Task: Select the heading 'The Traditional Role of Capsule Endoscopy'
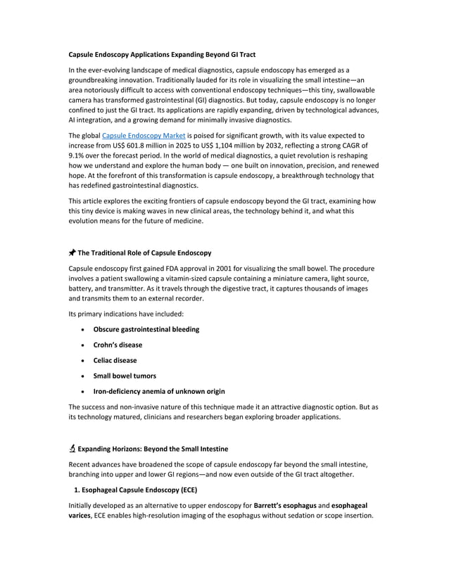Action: (x=144, y=253)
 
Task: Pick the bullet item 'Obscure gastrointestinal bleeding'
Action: (x=146, y=329)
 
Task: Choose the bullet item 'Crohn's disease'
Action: (x=118, y=345)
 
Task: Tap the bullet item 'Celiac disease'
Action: (x=115, y=360)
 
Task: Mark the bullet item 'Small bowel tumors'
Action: (x=125, y=376)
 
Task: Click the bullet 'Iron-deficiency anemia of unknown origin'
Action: (x=159, y=391)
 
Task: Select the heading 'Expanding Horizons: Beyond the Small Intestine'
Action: (x=153, y=449)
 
